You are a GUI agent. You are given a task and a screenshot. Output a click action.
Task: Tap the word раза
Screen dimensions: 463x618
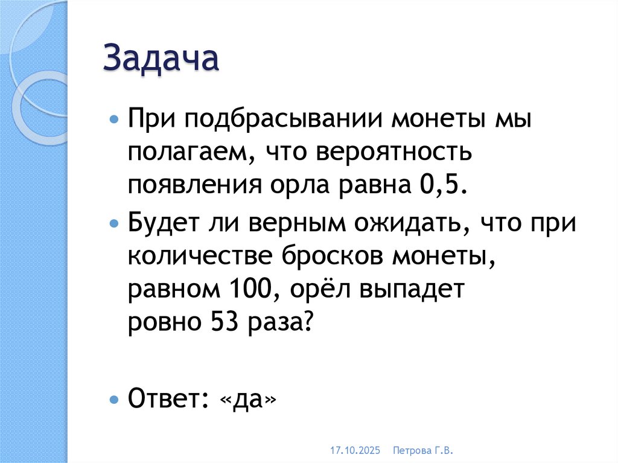278,324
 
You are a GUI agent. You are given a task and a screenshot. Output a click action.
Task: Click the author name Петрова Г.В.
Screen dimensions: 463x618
422,450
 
